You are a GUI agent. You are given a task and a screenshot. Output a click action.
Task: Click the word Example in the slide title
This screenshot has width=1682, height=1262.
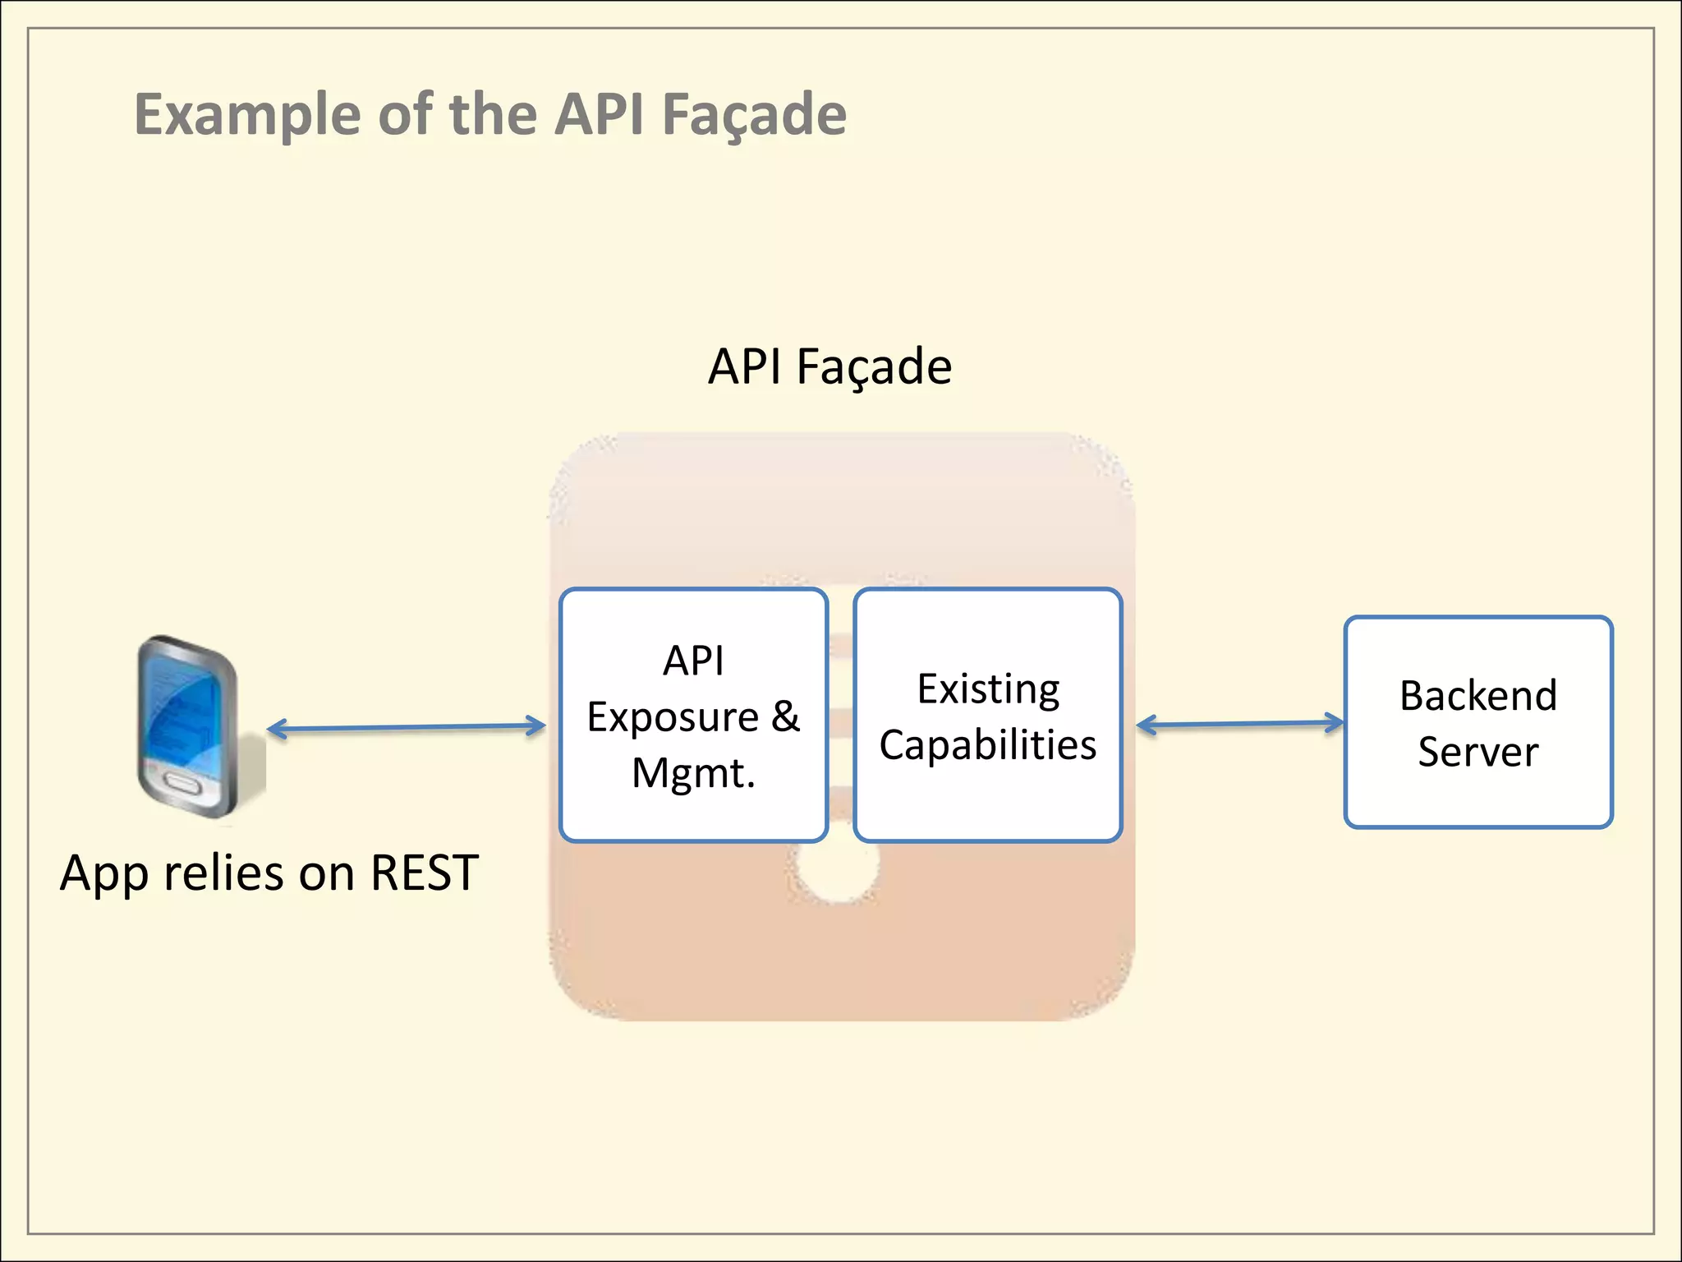click(246, 114)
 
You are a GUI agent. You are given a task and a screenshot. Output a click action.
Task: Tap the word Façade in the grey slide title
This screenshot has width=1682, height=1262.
click(754, 114)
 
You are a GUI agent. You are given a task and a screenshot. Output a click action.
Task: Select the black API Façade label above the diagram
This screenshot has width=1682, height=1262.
click(830, 366)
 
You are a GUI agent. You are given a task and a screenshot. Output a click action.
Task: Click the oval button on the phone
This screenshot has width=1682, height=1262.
click(182, 784)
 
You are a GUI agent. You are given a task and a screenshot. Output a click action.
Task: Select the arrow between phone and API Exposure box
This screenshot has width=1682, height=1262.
click(407, 727)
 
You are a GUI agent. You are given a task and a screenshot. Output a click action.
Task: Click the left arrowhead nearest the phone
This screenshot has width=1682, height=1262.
click(275, 729)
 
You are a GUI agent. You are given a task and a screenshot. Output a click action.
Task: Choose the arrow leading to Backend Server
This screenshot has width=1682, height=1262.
click(1240, 724)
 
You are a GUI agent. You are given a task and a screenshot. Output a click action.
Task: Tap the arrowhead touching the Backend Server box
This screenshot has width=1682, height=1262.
click(1336, 723)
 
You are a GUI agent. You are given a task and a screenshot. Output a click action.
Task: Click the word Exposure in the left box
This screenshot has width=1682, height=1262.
click(673, 716)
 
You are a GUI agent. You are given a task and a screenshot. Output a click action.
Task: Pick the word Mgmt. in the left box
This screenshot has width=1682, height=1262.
click(693, 773)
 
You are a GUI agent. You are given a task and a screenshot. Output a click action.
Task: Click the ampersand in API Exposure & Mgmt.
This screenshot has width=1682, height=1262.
click(785, 716)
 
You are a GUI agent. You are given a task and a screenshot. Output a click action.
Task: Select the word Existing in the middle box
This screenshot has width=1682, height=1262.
click(988, 689)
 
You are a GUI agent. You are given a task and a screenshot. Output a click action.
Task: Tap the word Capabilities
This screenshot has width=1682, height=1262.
click(988, 745)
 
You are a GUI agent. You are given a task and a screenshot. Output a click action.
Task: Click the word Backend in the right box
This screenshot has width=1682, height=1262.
click(1478, 696)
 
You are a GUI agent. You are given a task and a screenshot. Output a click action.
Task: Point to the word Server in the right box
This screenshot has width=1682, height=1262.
click(1478, 752)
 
